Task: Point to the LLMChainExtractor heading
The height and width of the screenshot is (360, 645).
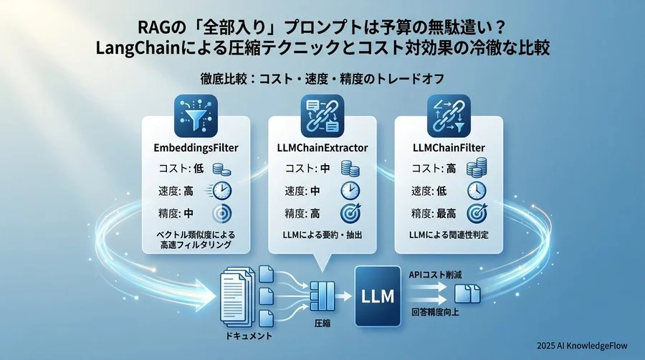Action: tap(322, 148)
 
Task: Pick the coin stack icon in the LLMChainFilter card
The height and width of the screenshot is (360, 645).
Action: tap(477, 169)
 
